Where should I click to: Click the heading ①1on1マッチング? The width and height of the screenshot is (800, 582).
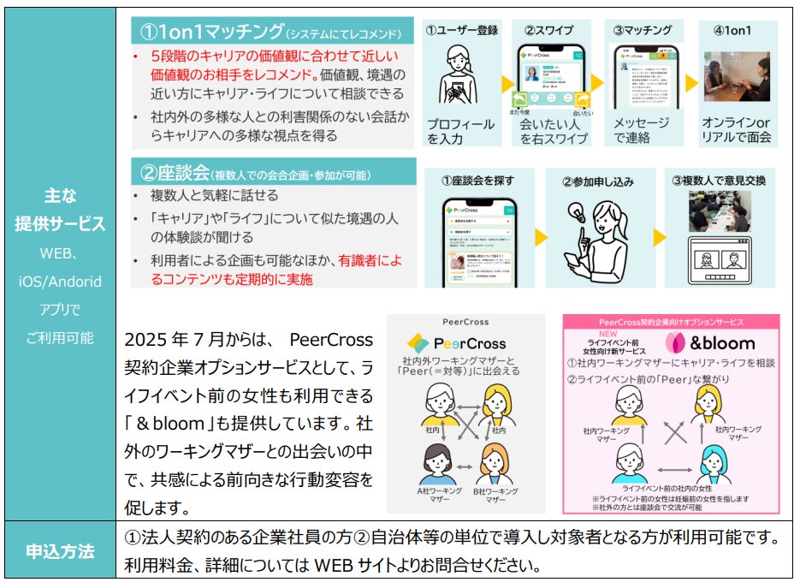point(210,33)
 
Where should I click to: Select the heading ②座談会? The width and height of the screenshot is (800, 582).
point(175,174)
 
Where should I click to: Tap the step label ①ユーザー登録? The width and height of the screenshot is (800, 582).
point(462,31)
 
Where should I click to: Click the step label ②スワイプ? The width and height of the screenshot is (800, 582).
point(548,31)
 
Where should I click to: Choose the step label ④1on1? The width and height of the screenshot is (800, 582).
point(732,31)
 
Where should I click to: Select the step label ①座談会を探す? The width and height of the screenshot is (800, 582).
point(478,181)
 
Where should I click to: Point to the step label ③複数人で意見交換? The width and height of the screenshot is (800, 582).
point(719,181)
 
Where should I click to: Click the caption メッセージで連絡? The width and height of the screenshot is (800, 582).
point(641,130)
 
